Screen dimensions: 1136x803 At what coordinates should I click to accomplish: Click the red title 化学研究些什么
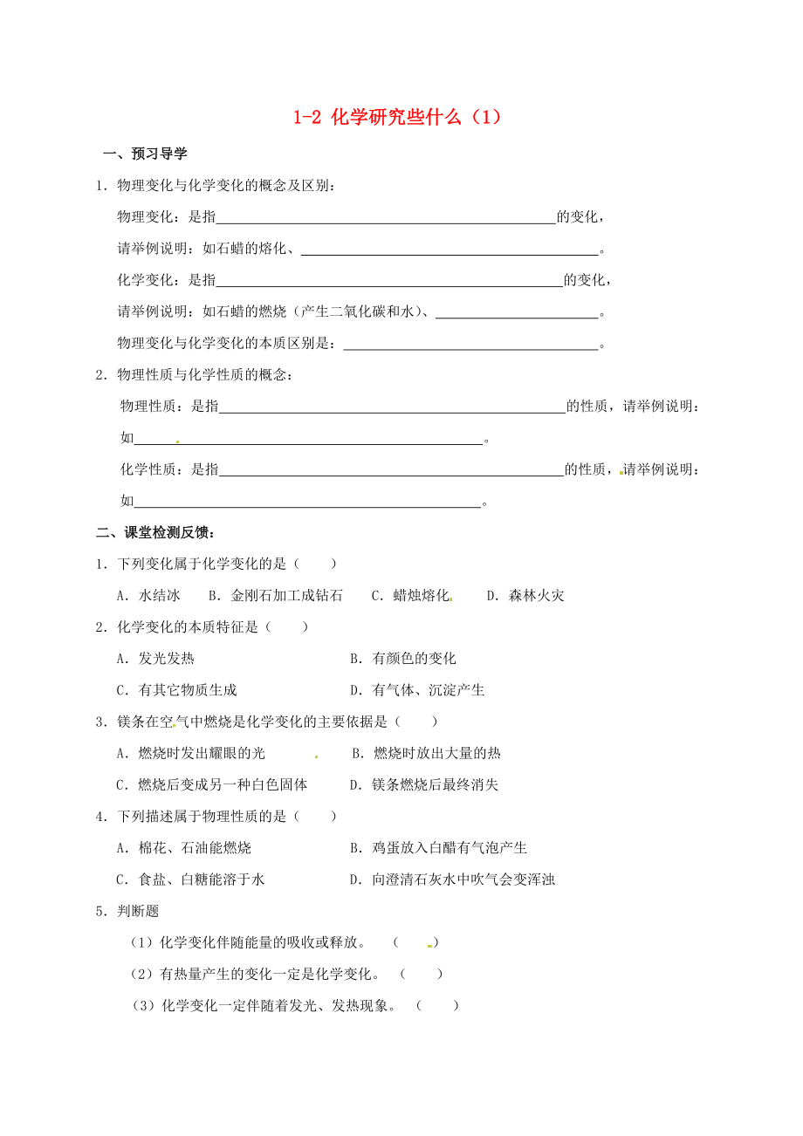(397, 117)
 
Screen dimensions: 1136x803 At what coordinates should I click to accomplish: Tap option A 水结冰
(148, 596)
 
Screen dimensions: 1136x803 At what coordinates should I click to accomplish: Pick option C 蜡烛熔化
(411, 596)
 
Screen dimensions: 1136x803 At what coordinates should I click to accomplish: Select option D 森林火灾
(525, 596)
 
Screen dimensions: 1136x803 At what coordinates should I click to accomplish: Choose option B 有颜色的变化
(403, 659)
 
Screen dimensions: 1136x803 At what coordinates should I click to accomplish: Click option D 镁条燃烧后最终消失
(424, 784)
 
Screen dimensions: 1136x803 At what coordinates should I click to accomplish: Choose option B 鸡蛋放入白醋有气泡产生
(438, 847)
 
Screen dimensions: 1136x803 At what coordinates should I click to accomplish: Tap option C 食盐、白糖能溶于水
(190, 879)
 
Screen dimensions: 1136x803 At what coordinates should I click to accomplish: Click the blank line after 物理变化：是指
(386, 218)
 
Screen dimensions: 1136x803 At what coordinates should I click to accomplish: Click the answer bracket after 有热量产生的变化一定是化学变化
(422, 974)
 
